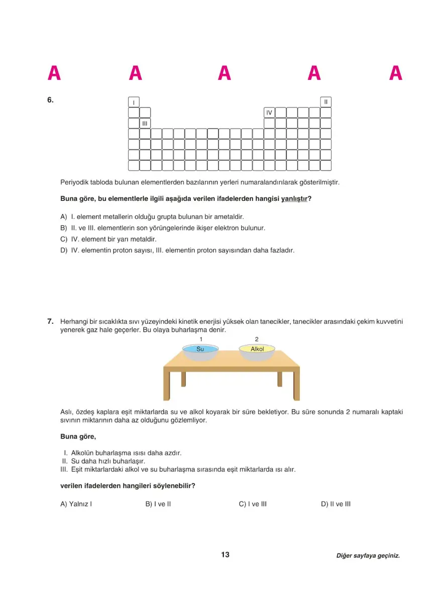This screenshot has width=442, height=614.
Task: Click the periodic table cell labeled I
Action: [134, 102]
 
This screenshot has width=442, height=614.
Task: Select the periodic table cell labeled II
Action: [326, 102]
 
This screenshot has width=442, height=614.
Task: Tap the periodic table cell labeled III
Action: [145, 124]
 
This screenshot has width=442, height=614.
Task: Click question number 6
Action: [50, 100]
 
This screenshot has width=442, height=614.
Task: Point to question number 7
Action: [50, 321]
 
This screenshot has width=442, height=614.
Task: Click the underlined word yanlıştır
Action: [294, 199]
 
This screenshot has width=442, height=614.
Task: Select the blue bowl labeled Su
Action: [200, 350]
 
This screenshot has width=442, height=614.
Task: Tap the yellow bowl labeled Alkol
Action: [257, 350]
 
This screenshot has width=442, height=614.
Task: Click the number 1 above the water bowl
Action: [200, 339]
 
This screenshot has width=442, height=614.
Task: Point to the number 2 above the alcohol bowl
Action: [257, 339]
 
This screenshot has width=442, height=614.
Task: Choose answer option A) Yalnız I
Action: [76, 504]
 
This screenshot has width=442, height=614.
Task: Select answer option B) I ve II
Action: [158, 504]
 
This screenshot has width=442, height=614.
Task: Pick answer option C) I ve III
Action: [253, 504]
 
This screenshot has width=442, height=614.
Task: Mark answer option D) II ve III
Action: [336, 504]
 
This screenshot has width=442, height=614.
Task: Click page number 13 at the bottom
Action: [225, 555]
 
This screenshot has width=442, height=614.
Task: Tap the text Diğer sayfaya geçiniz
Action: [368, 556]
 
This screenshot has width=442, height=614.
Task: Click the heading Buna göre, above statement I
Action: [78, 437]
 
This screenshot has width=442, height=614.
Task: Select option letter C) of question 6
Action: [64, 239]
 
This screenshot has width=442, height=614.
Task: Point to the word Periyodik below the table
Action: [74, 182]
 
